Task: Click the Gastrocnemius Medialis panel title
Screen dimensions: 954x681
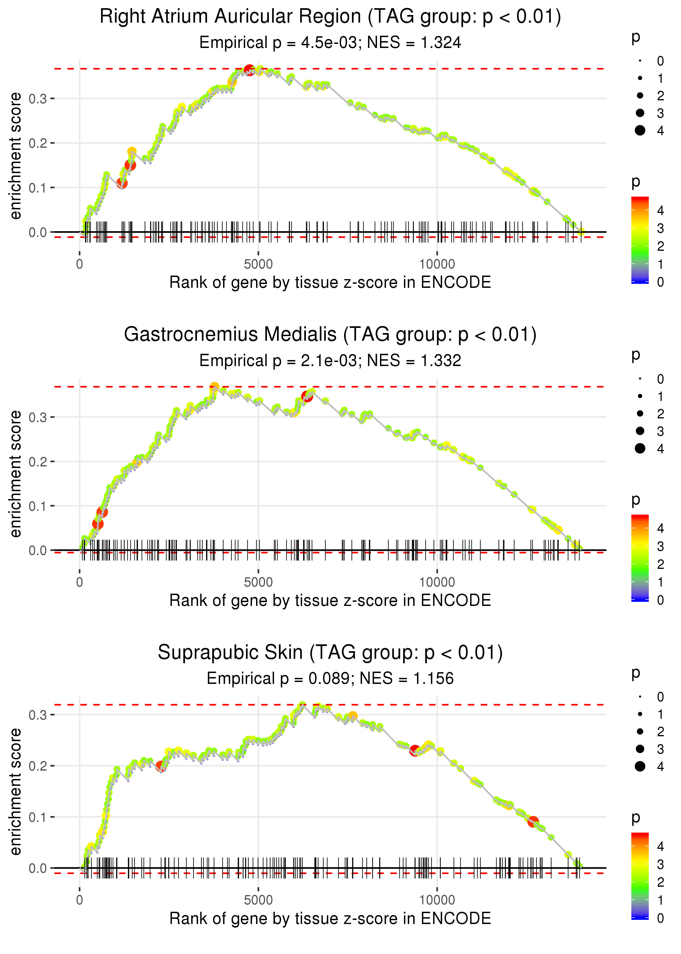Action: (330, 335)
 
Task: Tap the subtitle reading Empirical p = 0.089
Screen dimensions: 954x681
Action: (330, 679)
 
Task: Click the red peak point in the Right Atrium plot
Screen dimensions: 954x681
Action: (249, 70)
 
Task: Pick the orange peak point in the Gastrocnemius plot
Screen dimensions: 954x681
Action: (214, 387)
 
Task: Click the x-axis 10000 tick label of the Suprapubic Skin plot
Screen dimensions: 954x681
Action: (437, 900)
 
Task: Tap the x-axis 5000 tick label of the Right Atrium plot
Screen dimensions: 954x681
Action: (258, 264)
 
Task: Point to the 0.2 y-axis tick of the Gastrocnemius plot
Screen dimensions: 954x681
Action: (38, 461)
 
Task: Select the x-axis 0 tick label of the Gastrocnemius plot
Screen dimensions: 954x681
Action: (80, 582)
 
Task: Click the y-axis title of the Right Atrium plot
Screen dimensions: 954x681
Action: (16, 156)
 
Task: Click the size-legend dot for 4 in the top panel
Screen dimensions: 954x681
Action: (640, 131)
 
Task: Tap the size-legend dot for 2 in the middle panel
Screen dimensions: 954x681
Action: (640, 414)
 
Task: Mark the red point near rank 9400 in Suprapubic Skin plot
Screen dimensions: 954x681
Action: (415, 751)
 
